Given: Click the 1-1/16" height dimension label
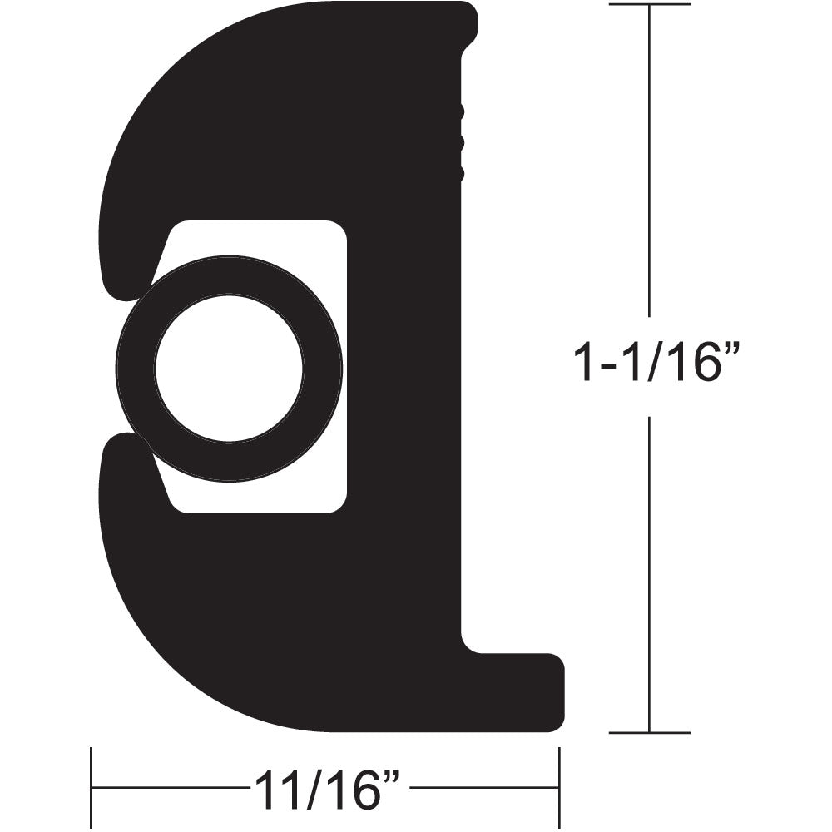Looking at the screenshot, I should coord(656,364).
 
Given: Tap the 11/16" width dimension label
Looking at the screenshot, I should coord(325,790).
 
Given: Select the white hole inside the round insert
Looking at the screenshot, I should coord(229,368).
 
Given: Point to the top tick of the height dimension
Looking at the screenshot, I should coord(649,5).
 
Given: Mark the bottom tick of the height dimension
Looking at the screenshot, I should coord(649,733).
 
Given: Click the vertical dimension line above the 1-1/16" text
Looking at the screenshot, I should coord(649,166).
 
